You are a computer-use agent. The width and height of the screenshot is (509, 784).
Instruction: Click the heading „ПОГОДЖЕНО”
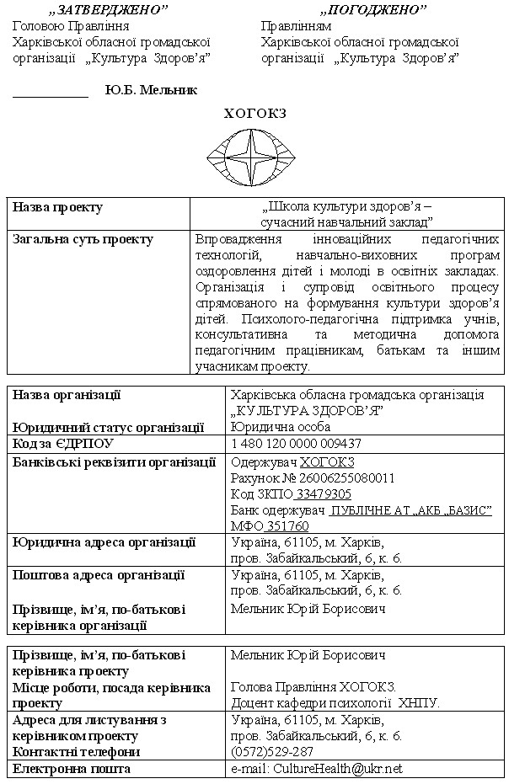(x=372, y=9)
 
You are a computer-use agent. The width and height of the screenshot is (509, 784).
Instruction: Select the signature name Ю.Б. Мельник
(x=152, y=90)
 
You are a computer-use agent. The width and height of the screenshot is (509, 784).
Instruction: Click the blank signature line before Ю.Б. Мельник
(x=51, y=93)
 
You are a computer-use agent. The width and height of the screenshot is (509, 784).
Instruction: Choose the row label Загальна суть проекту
(x=83, y=239)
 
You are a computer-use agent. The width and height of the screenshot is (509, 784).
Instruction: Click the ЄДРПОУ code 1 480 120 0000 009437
(x=296, y=443)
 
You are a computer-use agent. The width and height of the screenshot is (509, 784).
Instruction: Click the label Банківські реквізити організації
(x=115, y=461)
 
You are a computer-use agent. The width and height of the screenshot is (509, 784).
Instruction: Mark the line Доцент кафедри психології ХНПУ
(x=335, y=702)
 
